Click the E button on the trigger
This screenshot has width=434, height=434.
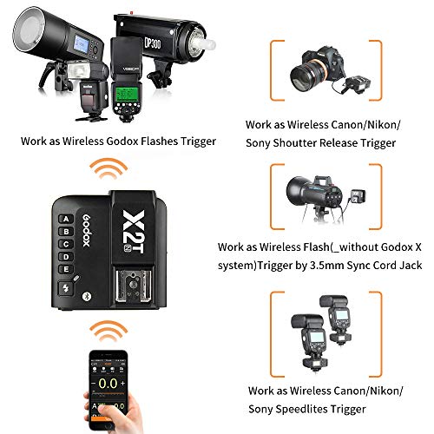tap(65, 268)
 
